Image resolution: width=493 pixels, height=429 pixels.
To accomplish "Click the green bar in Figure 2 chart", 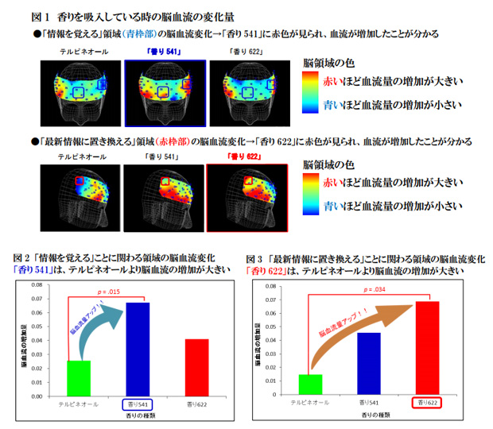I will pyautogui.click(x=79, y=377).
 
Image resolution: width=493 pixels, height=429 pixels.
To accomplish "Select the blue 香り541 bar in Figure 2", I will pyautogui.click(x=137, y=348).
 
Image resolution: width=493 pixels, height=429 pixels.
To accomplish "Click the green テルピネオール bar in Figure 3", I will pyautogui.click(x=311, y=385).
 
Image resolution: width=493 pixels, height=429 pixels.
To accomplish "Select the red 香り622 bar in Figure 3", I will pyautogui.click(x=428, y=347).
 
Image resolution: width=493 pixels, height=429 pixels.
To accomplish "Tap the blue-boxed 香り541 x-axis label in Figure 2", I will pyautogui.click(x=138, y=403).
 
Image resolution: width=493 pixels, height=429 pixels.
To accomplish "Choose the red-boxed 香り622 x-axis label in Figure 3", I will pyautogui.click(x=428, y=403).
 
